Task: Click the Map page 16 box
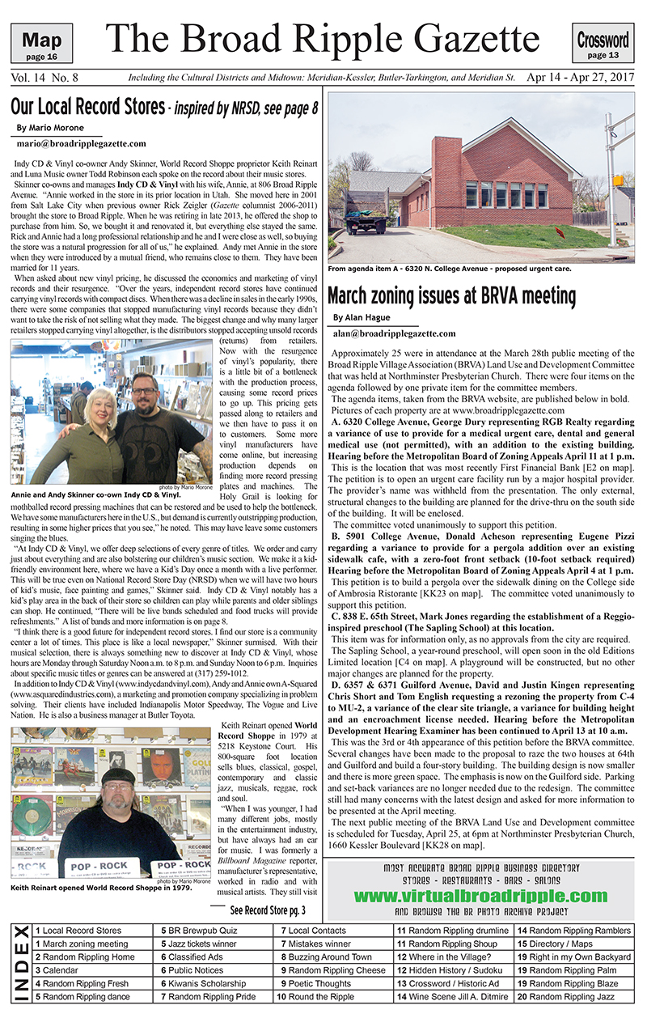click(x=42, y=44)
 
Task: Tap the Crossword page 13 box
click(x=603, y=43)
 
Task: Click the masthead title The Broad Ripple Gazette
click(x=323, y=38)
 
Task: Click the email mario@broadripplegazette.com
click(x=80, y=143)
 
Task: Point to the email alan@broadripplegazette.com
click(x=394, y=333)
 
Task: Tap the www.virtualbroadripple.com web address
click(x=480, y=896)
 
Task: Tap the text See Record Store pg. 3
click(x=268, y=910)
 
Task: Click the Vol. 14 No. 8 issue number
click(x=45, y=78)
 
